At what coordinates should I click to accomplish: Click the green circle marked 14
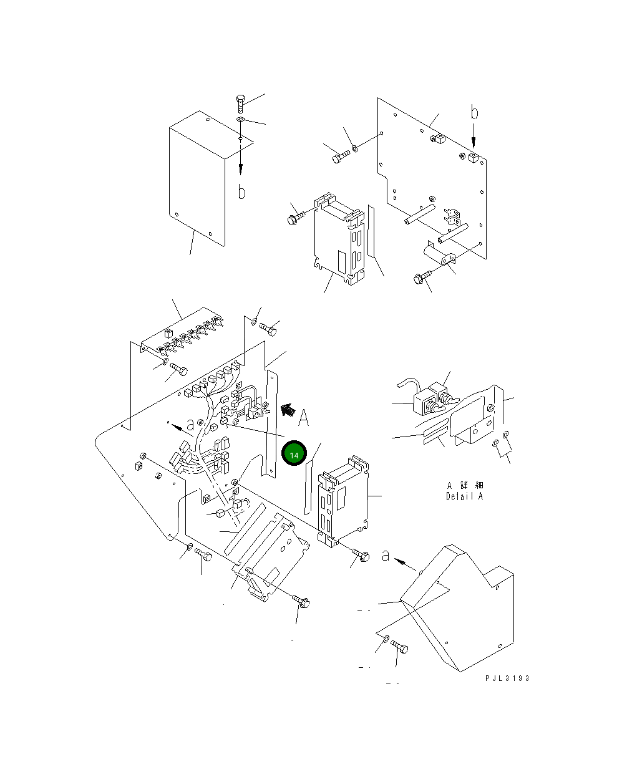294,455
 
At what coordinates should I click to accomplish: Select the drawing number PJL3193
505,678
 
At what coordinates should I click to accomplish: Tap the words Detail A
464,497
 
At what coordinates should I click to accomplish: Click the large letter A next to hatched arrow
303,418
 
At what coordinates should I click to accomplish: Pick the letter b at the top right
474,113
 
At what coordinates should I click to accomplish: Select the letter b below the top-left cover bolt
241,191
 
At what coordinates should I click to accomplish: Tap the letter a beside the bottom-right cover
386,554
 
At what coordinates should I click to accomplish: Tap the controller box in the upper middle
339,240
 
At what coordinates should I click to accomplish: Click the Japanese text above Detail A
465,485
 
